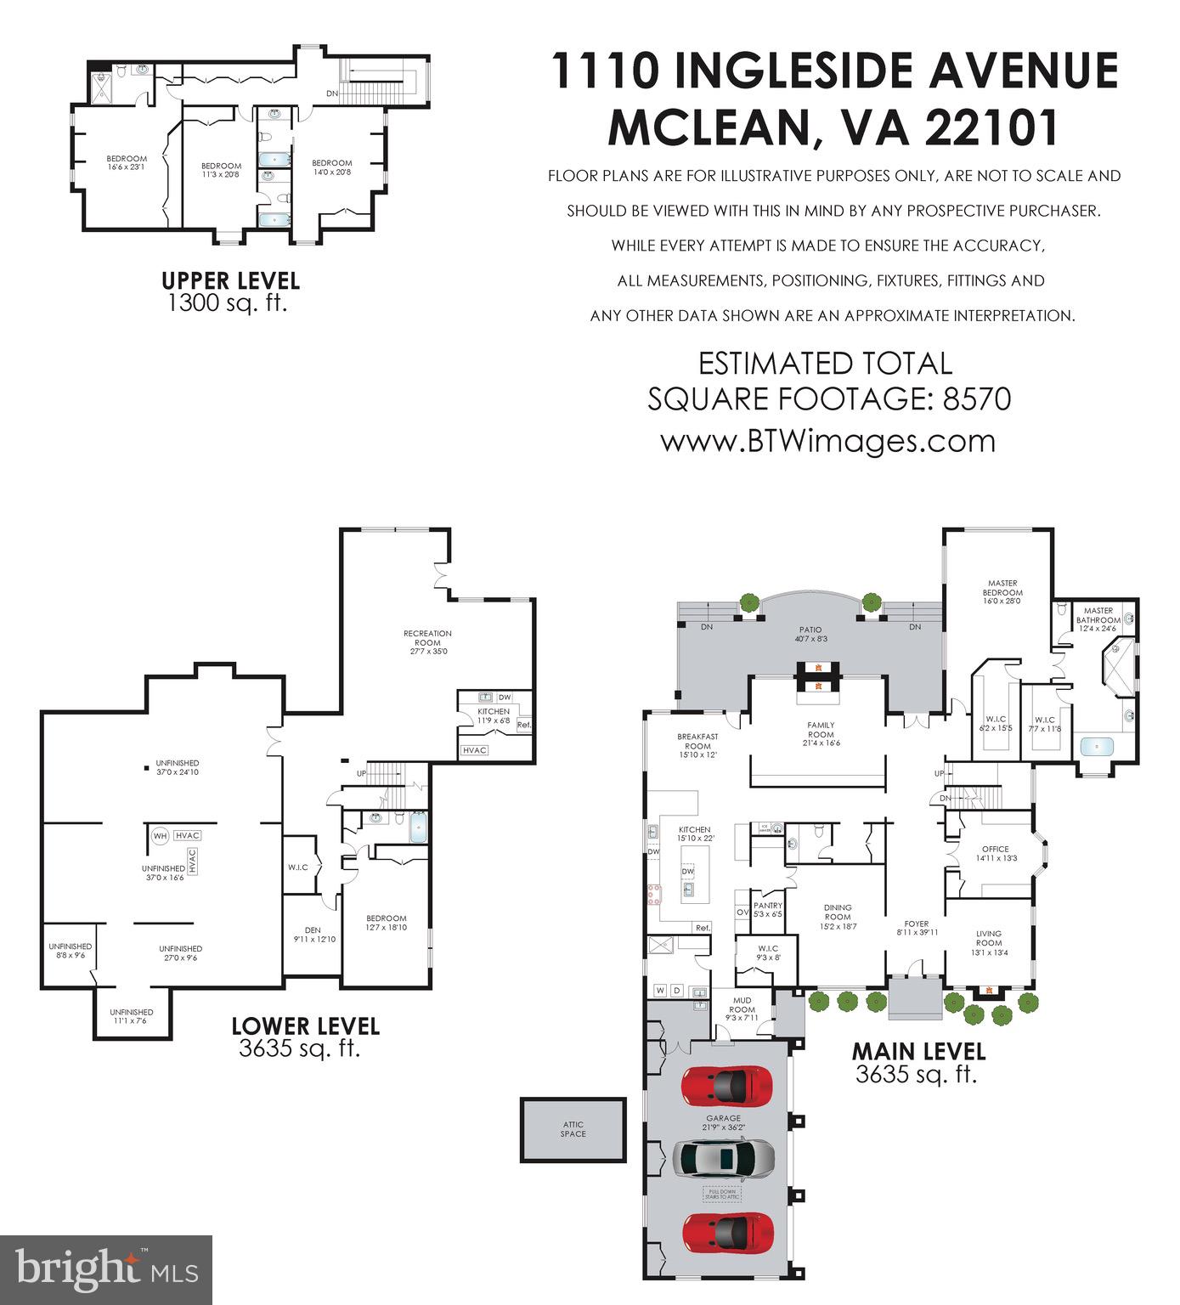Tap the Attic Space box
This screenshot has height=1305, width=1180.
[x=573, y=1129]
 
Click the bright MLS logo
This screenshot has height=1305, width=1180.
[x=105, y=1269]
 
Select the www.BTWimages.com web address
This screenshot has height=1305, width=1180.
[x=827, y=441]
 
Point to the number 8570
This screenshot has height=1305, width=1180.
[x=977, y=398]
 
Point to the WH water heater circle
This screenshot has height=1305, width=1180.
[x=159, y=836]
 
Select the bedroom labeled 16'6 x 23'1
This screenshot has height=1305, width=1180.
[x=126, y=162]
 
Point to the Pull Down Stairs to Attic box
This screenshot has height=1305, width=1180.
[x=722, y=1195]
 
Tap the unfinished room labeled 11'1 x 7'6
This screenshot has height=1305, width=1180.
[x=132, y=1016]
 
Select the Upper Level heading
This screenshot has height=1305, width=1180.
[x=230, y=280]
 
